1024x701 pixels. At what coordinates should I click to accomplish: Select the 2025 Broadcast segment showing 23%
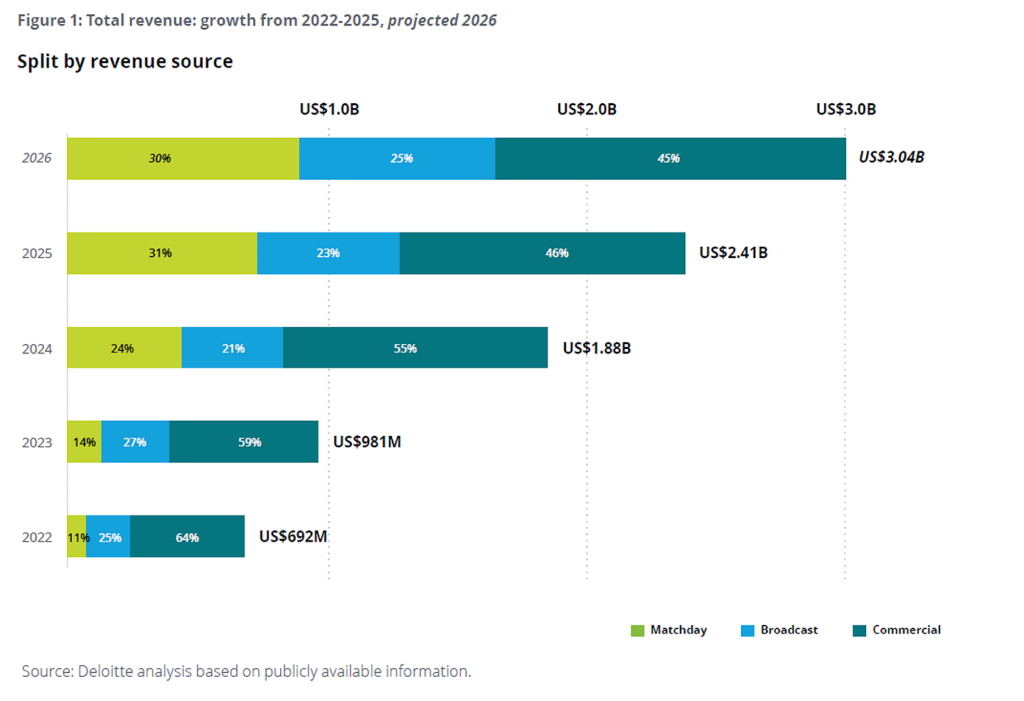coord(328,253)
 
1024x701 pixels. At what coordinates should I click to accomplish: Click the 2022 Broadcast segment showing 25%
coord(109,537)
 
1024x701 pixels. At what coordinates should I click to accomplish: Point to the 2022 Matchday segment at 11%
coord(77,537)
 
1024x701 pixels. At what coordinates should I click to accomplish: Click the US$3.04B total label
coord(891,157)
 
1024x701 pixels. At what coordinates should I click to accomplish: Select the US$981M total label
coord(367,442)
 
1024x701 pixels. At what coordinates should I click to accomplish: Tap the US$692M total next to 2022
coord(293,537)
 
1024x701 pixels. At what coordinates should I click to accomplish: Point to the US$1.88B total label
coord(597,348)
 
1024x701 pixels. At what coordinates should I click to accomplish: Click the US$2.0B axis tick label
coord(587,109)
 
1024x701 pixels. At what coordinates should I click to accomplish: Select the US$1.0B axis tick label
coord(329,109)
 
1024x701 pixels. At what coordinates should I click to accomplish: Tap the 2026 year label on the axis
coord(36,158)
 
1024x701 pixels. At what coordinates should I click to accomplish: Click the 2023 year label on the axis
coord(37,443)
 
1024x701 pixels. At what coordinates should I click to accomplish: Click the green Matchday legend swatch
coord(637,631)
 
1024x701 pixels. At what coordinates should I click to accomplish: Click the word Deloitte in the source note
coord(105,671)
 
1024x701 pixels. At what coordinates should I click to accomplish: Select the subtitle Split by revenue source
coord(125,62)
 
